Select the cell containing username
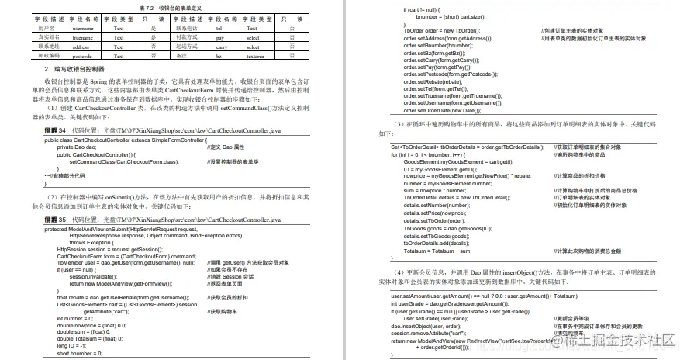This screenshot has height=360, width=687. [x=83, y=27]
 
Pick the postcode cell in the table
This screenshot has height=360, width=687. [x=83, y=56]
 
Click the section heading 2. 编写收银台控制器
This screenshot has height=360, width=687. [x=81, y=70]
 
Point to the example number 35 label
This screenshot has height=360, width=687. [x=56, y=220]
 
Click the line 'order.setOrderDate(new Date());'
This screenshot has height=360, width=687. [x=442, y=109]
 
